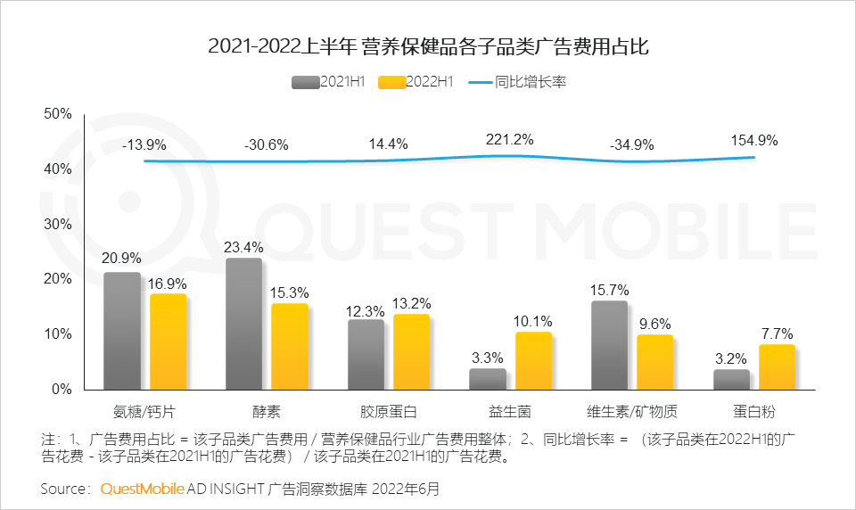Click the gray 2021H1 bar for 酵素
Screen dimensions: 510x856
pyautogui.click(x=243, y=324)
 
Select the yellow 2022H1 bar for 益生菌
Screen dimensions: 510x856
pyautogui.click(x=533, y=360)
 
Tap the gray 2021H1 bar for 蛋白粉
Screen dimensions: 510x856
pyautogui.click(x=731, y=379)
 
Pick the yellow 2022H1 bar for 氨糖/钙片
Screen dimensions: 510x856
pyautogui.click(x=168, y=341)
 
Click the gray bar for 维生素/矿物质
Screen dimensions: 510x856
pyautogui.click(x=609, y=345)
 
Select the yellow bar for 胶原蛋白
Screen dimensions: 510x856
pyautogui.click(x=411, y=351)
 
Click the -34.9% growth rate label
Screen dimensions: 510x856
pyautogui.click(x=631, y=144)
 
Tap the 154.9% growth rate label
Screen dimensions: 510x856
pyautogui.click(x=753, y=140)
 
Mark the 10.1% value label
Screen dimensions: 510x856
pyautogui.click(x=533, y=321)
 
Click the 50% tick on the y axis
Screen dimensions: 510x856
pyautogui.click(x=57, y=114)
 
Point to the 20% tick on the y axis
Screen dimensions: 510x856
pyautogui.click(x=57, y=279)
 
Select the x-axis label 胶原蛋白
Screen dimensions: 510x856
pyautogui.click(x=388, y=412)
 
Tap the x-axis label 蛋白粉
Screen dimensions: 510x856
pyautogui.click(x=754, y=412)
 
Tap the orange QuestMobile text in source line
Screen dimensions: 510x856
pyautogui.click(x=142, y=489)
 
